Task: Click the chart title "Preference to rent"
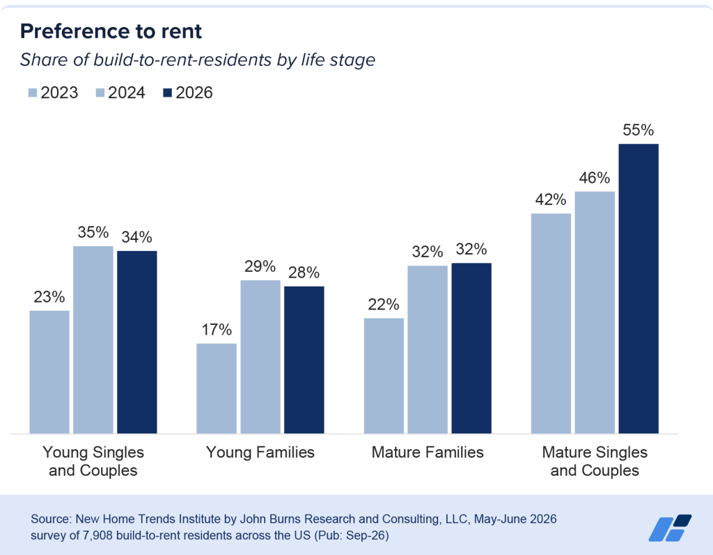click(x=111, y=31)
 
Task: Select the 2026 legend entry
click(x=188, y=92)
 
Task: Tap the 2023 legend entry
click(x=53, y=92)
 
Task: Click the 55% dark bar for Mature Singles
click(x=638, y=289)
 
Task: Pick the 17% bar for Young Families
click(x=217, y=388)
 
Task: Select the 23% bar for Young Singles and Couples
click(x=49, y=372)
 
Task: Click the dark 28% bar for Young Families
click(x=304, y=360)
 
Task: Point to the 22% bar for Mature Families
click(x=384, y=376)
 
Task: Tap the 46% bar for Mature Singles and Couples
click(x=595, y=312)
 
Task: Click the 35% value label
click(x=93, y=232)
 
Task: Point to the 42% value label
click(x=551, y=200)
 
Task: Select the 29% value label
click(x=260, y=266)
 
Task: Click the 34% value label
click(x=137, y=237)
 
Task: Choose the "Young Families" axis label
click(x=260, y=452)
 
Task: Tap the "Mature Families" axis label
click(x=428, y=452)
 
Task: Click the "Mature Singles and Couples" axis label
click(x=595, y=461)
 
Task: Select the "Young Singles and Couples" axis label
click(x=93, y=461)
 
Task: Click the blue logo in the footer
click(x=671, y=528)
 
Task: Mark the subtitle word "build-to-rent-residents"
click(x=183, y=60)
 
